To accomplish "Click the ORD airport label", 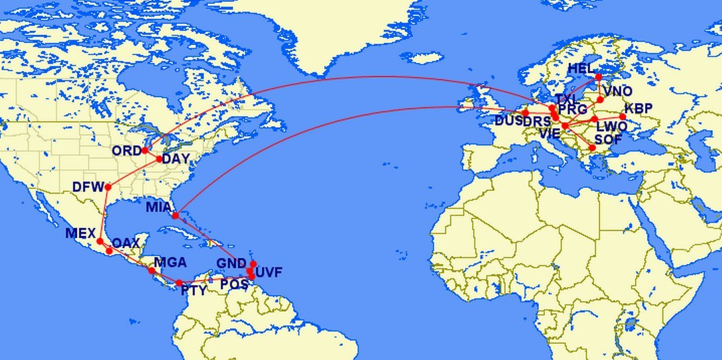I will (x=127, y=151).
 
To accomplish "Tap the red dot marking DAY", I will (x=159, y=159).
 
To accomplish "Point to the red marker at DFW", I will (x=107, y=186).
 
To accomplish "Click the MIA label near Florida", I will (x=159, y=208).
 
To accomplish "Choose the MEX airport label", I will (x=80, y=233).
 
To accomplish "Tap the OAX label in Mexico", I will (x=125, y=243).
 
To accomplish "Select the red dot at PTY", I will (x=179, y=282).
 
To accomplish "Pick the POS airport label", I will (x=235, y=284).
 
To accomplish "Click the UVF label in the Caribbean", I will (x=269, y=272).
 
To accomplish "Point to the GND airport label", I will (x=231, y=263).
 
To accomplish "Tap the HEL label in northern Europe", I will (x=581, y=69).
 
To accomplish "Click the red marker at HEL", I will (x=599, y=77).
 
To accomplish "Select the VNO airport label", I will (x=617, y=91).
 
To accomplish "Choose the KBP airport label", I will (x=638, y=109).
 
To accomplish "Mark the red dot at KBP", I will (x=623, y=117).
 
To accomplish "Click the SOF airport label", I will (x=608, y=139).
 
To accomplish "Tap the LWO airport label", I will (x=611, y=126).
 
